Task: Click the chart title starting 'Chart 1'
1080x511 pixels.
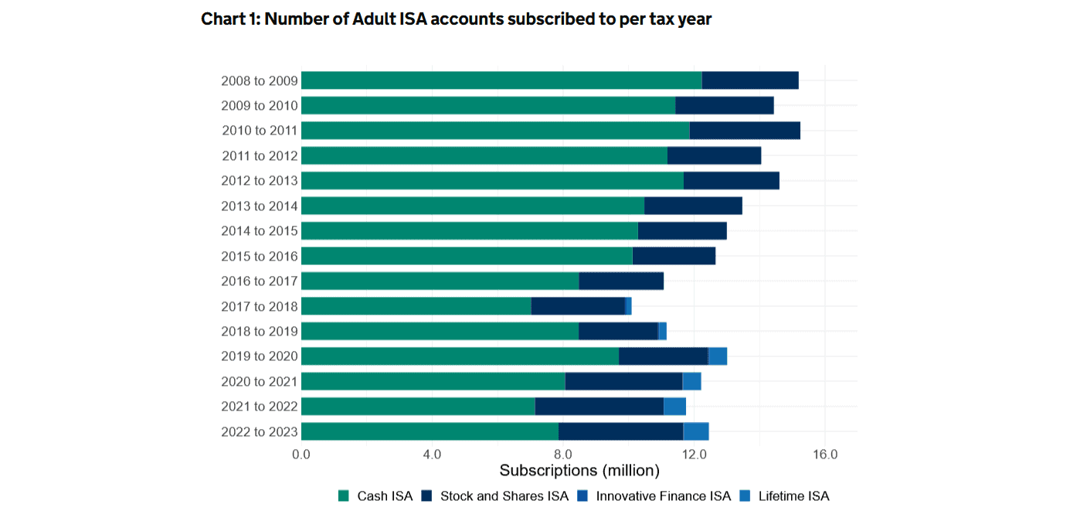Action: click(456, 19)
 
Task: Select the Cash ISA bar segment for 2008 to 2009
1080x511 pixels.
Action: click(501, 80)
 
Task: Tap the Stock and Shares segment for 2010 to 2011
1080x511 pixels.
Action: click(744, 131)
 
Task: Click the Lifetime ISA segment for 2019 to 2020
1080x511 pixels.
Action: click(718, 356)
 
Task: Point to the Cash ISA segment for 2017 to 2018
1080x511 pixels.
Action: click(416, 306)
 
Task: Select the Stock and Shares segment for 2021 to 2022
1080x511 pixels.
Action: click(599, 407)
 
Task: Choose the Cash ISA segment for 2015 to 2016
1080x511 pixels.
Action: click(466, 256)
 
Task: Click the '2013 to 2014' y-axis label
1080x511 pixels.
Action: click(259, 206)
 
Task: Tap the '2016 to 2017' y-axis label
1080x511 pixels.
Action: click(259, 281)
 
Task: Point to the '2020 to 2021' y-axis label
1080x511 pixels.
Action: click(259, 382)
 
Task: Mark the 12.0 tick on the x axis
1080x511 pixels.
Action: click(695, 455)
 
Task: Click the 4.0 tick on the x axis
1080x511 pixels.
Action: click(432, 455)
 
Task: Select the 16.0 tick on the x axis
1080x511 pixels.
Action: click(825, 455)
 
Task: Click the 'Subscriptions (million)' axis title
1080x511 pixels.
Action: click(579, 471)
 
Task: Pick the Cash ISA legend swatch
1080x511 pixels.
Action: click(345, 496)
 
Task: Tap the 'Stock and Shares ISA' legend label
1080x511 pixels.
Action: click(504, 496)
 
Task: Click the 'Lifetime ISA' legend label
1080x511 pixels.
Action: click(793, 496)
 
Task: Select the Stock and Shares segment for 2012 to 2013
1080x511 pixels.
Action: click(731, 181)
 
